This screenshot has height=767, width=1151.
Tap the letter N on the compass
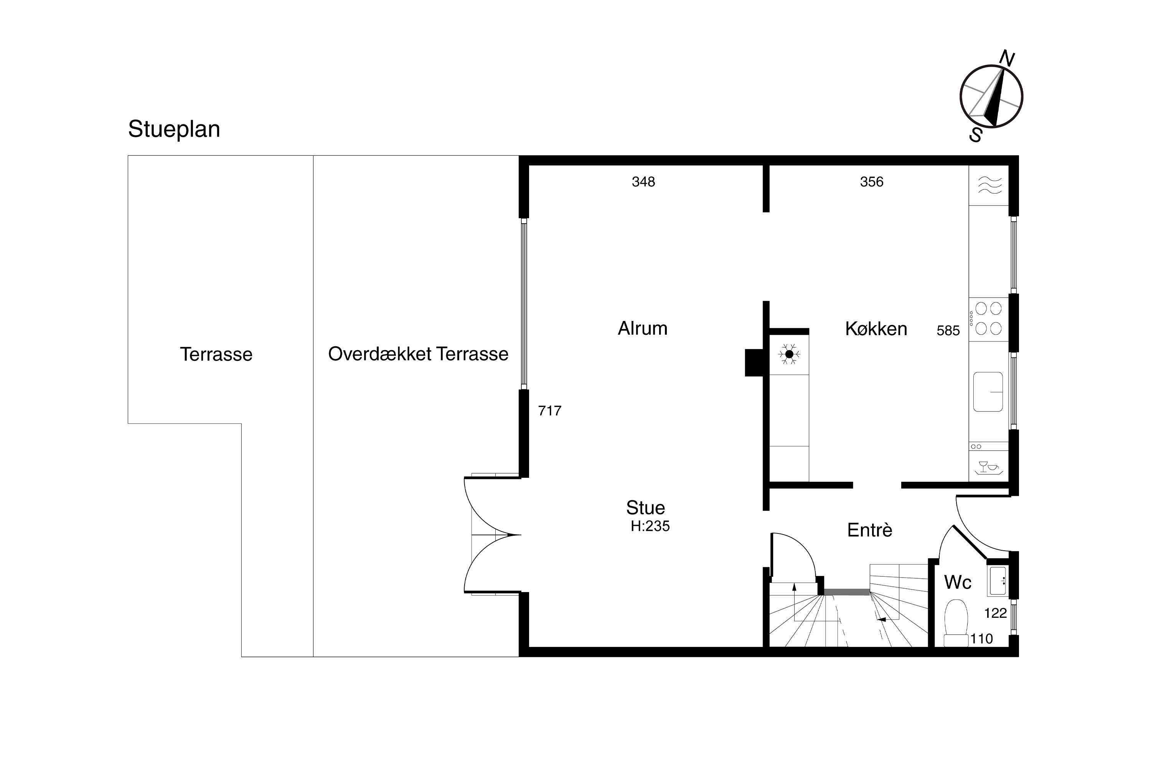pyautogui.click(x=1007, y=58)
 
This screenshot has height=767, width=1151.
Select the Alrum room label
pyautogui.click(x=643, y=328)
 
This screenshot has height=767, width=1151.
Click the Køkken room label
pyautogui.click(x=876, y=329)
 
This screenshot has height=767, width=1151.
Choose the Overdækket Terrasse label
pyautogui.click(x=418, y=354)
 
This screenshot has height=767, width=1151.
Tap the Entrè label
pyautogui.click(x=870, y=530)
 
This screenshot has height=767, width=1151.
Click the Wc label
pyautogui.click(x=958, y=582)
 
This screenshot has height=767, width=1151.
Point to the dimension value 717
pyautogui.click(x=549, y=410)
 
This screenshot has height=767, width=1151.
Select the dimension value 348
pyautogui.click(x=643, y=182)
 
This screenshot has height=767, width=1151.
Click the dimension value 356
pyautogui.click(x=872, y=182)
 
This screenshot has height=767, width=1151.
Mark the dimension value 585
pyautogui.click(x=948, y=331)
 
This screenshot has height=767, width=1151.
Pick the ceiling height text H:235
pyautogui.click(x=650, y=526)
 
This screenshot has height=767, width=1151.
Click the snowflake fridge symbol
pyautogui.click(x=789, y=354)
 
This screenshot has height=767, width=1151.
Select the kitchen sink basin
pyautogui.click(x=988, y=392)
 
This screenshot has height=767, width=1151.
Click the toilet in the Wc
pyautogui.click(x=956, y=623)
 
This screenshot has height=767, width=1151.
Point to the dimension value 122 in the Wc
pyautogui.click(x=995, y=613)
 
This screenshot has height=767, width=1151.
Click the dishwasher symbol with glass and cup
pyautogui.click(x=989, y=467)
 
